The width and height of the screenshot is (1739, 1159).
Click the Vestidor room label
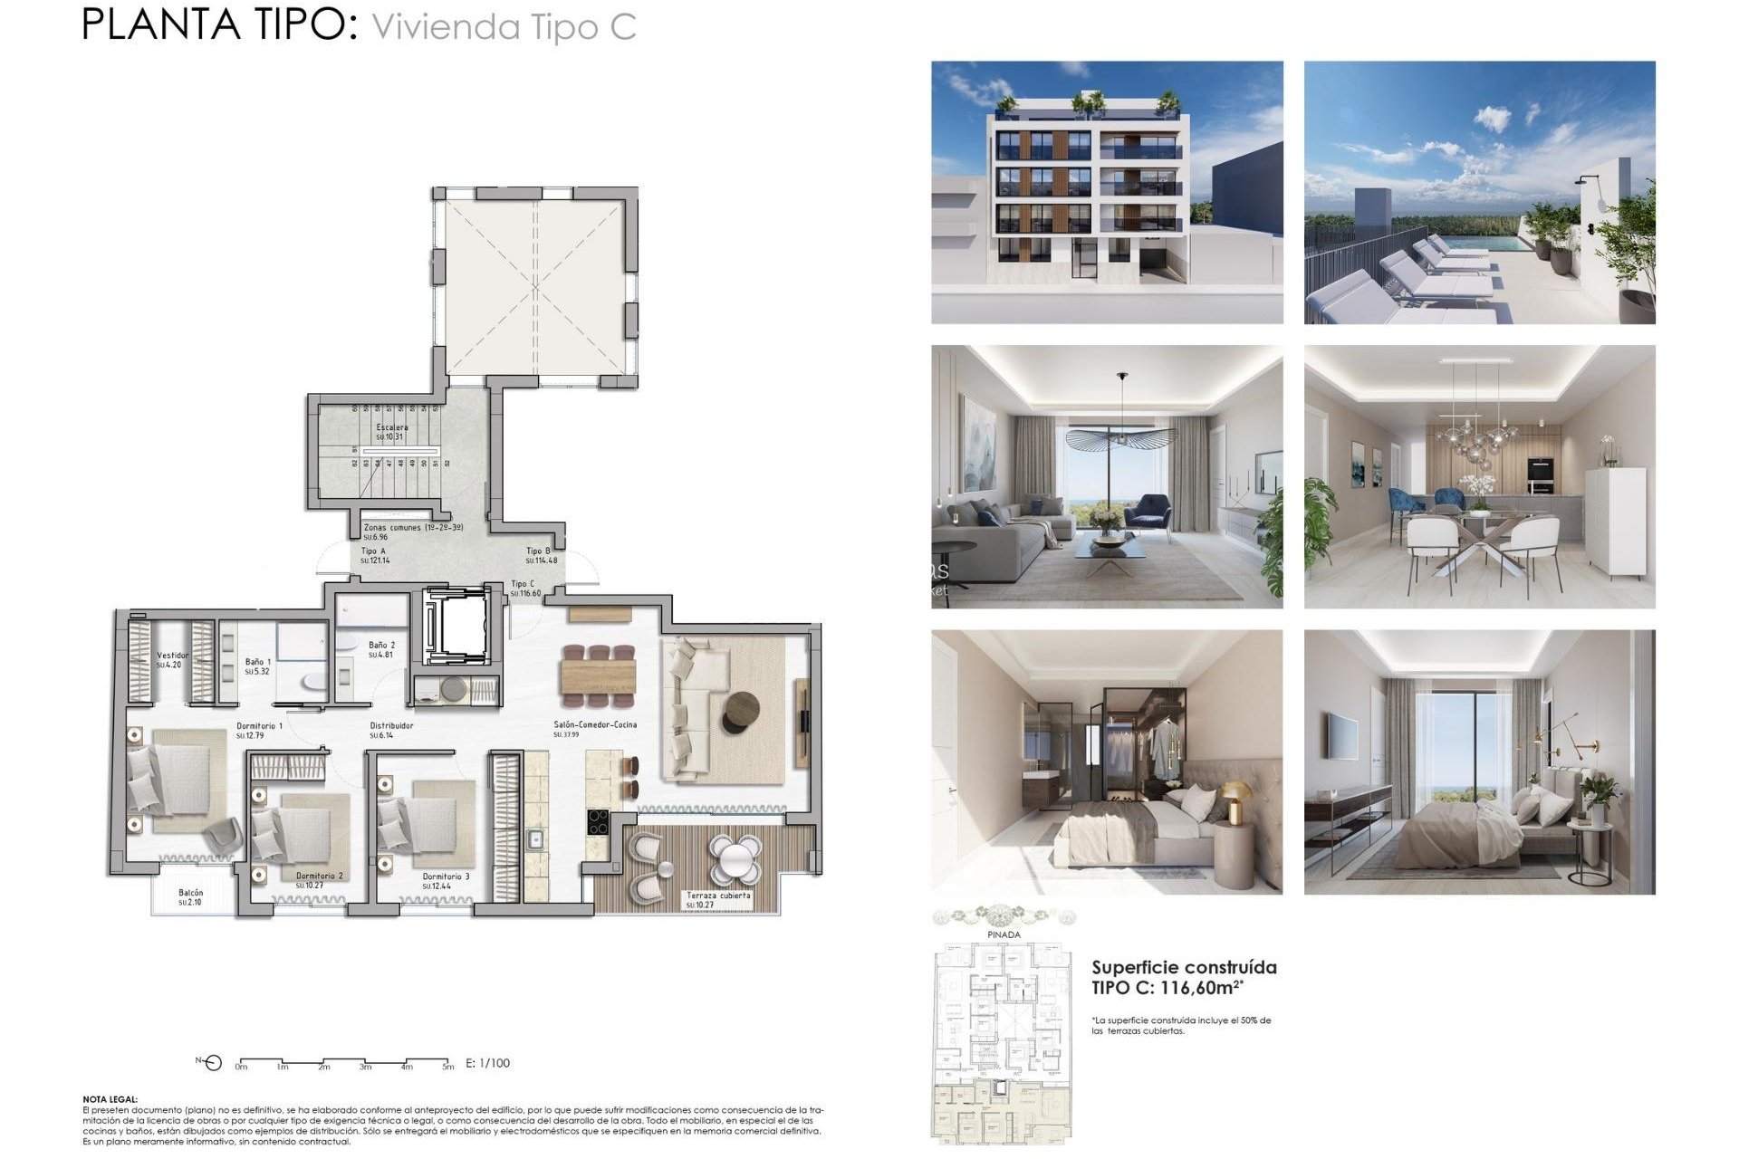pos(172,656)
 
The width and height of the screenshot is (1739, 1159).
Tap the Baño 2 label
pos(381,646)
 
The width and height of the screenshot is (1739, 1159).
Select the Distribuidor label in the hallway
pos(391,726)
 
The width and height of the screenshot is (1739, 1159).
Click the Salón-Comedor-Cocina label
pos(595,725)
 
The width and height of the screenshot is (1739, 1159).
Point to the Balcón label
pos(190,893)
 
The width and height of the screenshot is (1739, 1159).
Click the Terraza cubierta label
pos(717,896)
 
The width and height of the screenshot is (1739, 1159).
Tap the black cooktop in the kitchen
pos(598,821)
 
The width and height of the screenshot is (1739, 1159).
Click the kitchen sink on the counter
pos(535,838)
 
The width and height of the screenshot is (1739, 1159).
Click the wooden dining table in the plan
pos(598,675)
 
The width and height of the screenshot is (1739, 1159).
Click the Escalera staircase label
pos(391,427)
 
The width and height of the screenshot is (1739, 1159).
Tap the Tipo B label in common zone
pos(538,551)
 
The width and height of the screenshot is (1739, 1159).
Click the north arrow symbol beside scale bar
pos(212,1063)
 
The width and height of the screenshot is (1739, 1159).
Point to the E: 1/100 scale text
pos(487,1063)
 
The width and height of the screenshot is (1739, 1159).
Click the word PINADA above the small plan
pos(1003,934)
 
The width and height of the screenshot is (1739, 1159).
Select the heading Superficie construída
pos(1184,967)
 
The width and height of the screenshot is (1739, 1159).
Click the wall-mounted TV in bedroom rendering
pos(1342,734)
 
